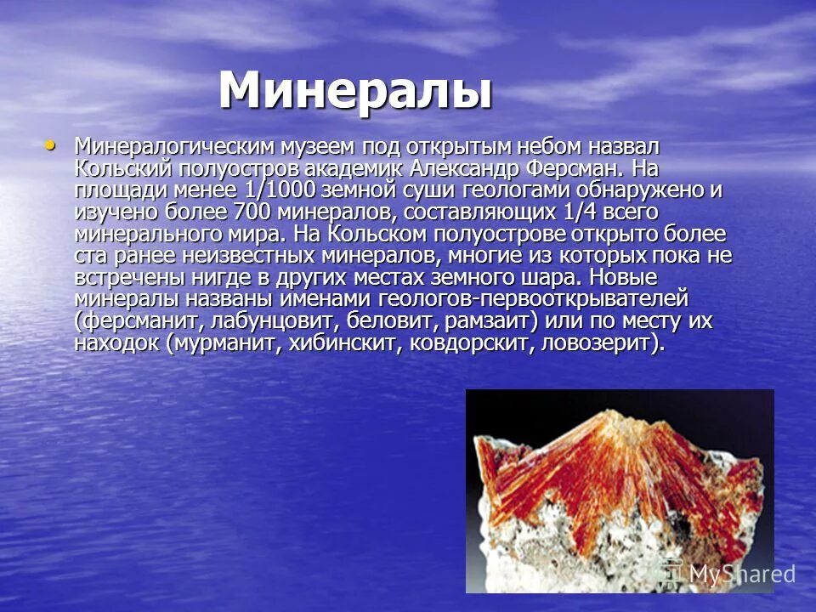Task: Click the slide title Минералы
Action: (355, 91)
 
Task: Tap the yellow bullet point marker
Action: (53, 145)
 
